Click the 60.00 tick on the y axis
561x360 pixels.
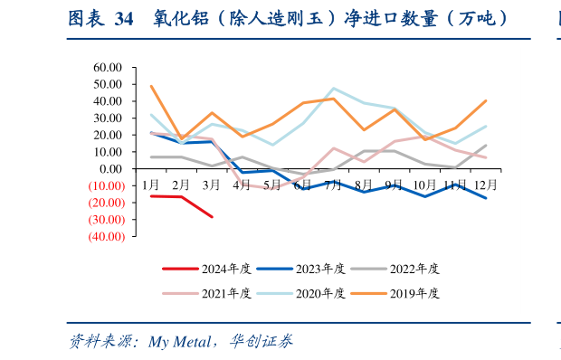pyautogui.click(x=107, y=68)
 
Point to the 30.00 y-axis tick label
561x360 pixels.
pyautogui.click(x=107, y=118)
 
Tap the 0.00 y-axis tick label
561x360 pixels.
pyautogui.click(x=110, y=169)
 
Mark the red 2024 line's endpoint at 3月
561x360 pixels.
pyautogui.click(x=212, y=217)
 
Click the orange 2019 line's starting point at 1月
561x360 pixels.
pyautogui.click(x=151, y=86)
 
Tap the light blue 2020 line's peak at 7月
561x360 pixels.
pyautogui.click(x=334, y=89)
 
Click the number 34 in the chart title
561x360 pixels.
pyautogui.click(x=125, y=18)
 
